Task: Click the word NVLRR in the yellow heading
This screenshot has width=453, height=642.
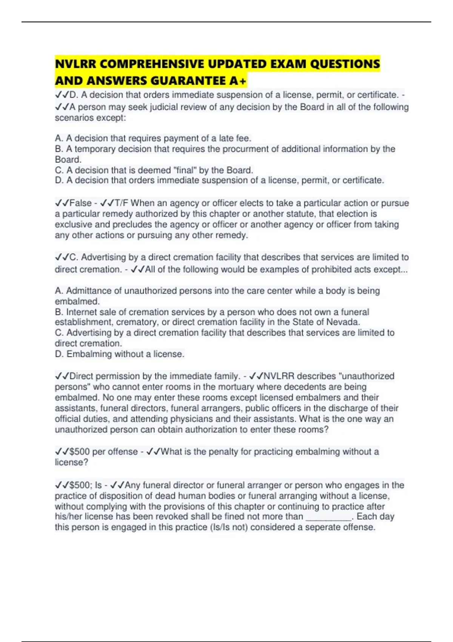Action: pyautogui.click(x=75, y=64)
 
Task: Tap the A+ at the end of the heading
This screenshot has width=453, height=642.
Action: pyautogui.click(x=238, y=81)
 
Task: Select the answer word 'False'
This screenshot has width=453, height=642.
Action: pyautogui.click(x=81, y=203)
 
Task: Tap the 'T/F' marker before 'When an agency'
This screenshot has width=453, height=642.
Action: pyautogui.click(x=121, y=203)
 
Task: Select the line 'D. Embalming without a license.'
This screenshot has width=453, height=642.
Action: pyautogui.click(x=120, y=354)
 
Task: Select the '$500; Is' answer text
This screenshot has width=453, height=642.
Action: pyautogui.click(x=85, y=485)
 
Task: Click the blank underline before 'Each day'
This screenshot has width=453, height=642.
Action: pyautogui.click(x=328, y=517)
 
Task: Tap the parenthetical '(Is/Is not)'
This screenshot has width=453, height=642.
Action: pyautogui.click(x=229, y=527)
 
